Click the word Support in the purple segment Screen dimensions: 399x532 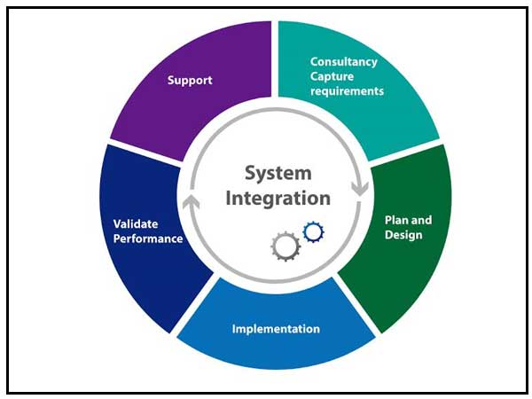click(x=191, y=81)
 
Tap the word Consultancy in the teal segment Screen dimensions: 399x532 click(x=343, y=62)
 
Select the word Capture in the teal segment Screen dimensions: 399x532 click(x=331, y=76)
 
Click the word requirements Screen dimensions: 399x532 click(x=347, y=90)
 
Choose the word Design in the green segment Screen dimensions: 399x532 click(x=403, y=235)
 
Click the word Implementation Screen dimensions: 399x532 click(x=276, y=329)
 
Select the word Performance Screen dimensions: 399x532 click(x=147, y=239)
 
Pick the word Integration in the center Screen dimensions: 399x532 click(x=278, y=198)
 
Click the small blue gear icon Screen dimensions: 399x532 click(x=312, y=232)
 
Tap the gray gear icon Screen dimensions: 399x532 click(x=286, y=246)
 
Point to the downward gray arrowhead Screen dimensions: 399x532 click(x=360, y=189)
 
